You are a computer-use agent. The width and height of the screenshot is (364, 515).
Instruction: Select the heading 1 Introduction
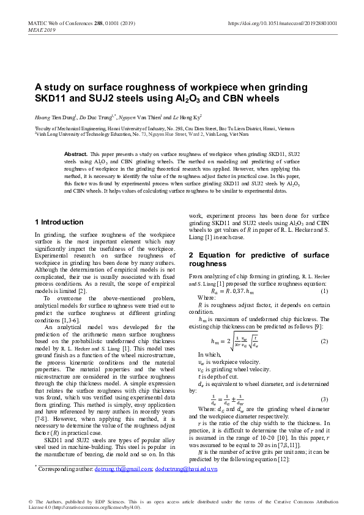coord(59,222)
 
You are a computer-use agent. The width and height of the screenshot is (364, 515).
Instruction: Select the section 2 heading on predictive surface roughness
coord(259,259)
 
